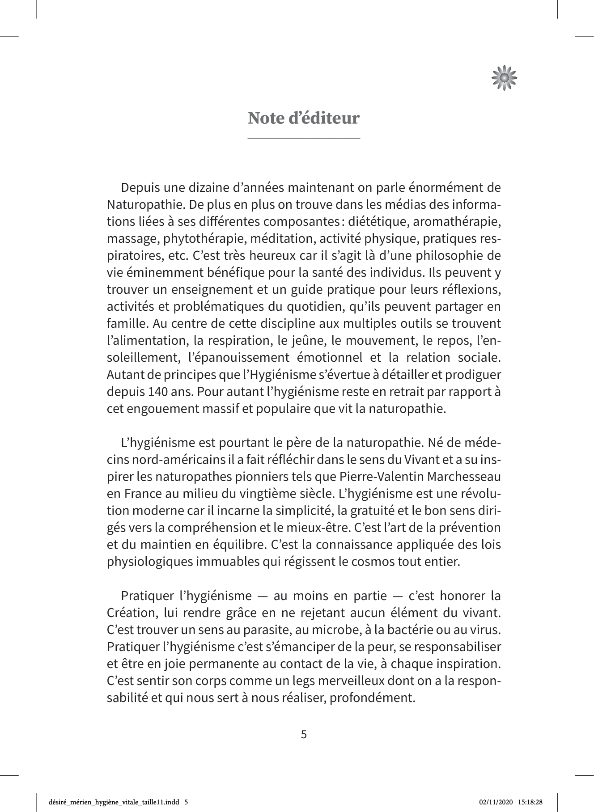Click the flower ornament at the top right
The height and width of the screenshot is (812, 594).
504,78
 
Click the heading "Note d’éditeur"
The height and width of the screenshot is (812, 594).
304,118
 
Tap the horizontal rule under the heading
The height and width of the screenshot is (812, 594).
304,138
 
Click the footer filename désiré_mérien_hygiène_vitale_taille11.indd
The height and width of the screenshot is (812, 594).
115,802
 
